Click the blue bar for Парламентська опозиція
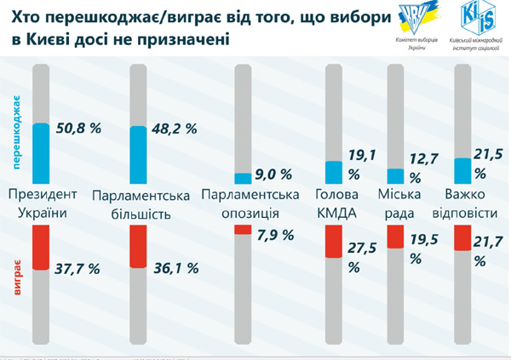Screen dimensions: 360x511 242,178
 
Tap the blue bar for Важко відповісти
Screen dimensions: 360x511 462,170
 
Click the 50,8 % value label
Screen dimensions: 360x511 78,129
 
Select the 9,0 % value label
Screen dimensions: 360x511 274,174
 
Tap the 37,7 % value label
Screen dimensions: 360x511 78,268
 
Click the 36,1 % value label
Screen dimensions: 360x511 174,268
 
